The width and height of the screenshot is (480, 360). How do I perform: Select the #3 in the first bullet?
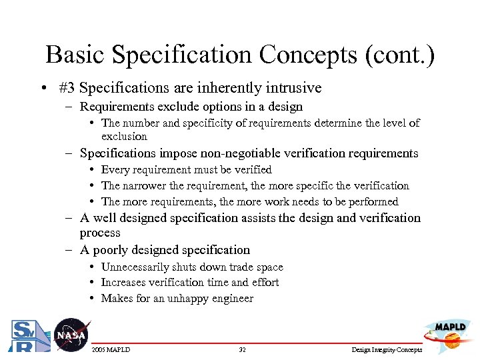67,88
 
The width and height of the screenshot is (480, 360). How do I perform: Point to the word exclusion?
124,136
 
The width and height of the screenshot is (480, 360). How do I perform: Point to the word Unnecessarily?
135,267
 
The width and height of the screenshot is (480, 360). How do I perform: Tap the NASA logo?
71,335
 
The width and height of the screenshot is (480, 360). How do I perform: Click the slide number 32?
243,349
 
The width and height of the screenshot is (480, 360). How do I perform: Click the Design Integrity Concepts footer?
386,349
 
